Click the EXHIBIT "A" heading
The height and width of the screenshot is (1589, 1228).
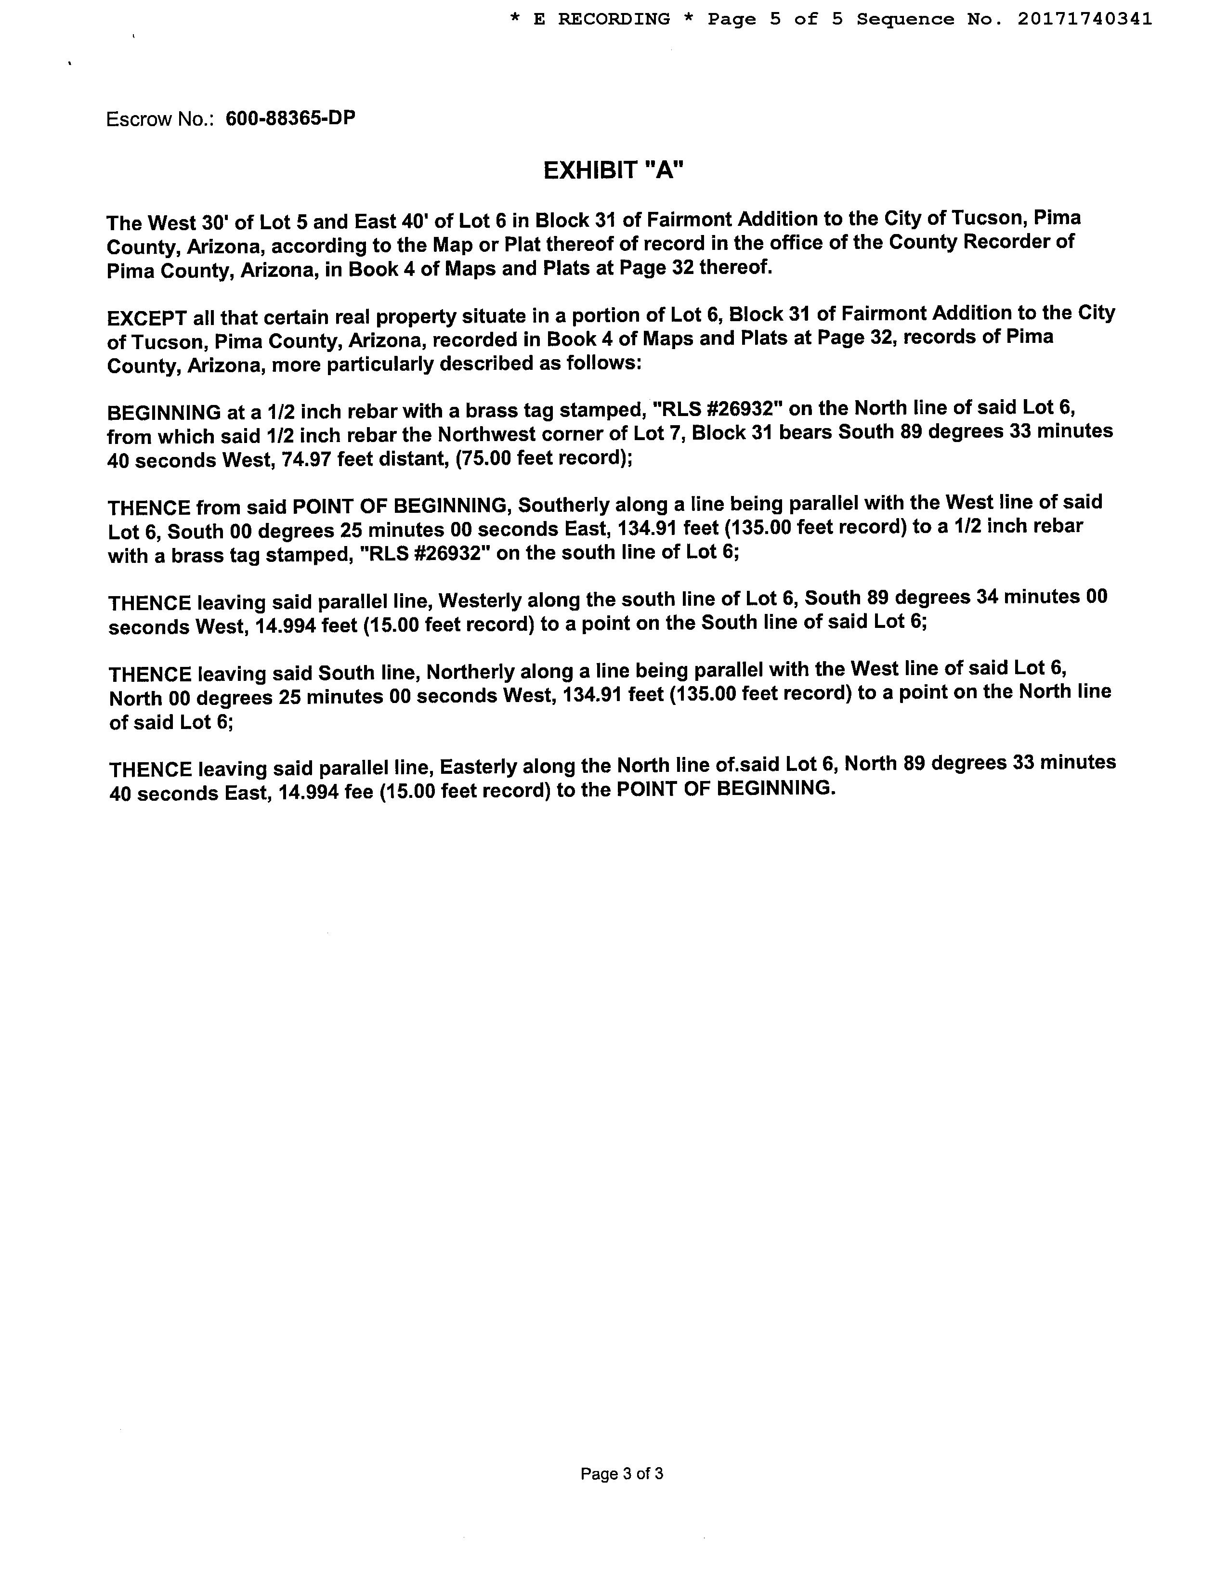coord(613,171)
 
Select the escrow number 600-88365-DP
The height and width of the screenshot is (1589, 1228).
coord(290,118)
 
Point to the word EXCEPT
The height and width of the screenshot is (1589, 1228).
coord(147,319)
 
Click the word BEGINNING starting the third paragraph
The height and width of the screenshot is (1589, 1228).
coord(164,413)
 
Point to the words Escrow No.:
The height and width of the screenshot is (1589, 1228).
coord(160,119)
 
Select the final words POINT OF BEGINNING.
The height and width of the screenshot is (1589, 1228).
coord(724,789)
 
